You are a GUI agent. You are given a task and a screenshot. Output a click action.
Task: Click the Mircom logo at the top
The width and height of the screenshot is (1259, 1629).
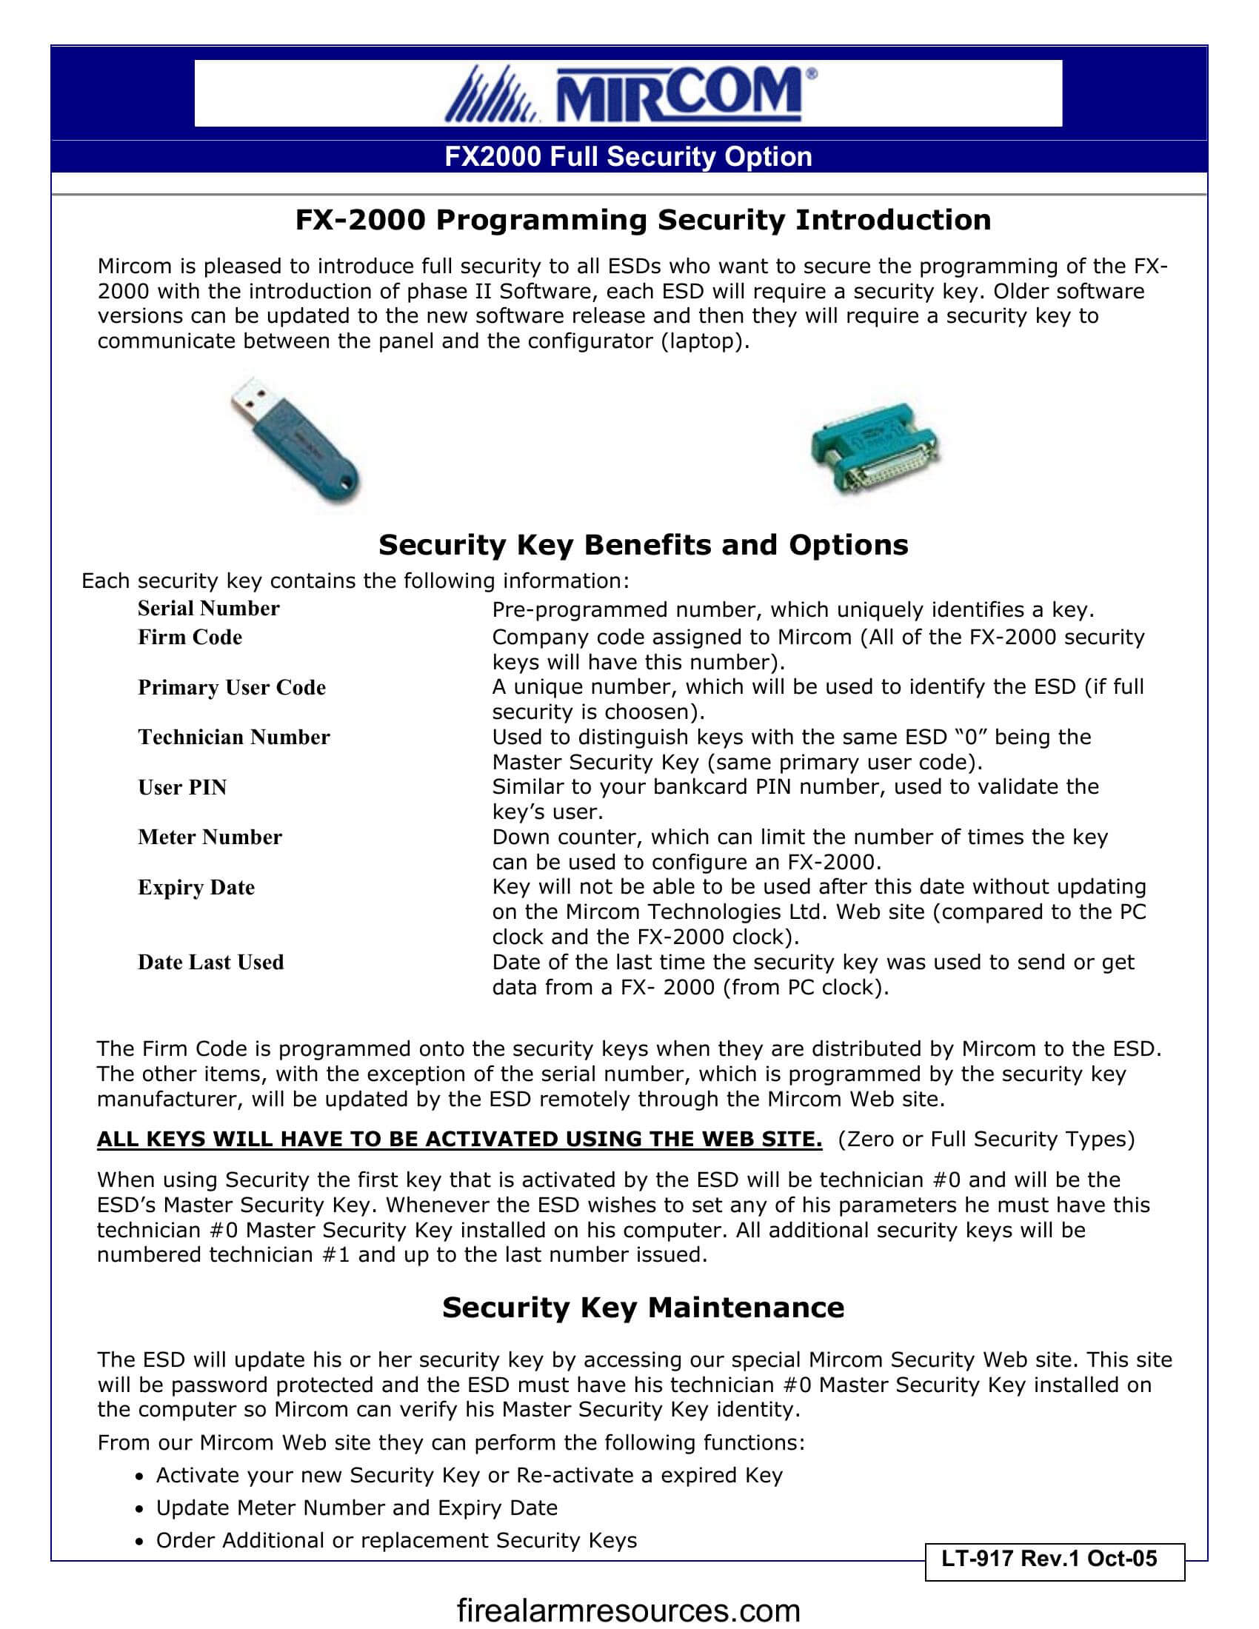point(630,94)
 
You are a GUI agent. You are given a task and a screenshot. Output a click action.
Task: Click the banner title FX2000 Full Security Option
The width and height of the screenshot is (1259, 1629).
point(628,157)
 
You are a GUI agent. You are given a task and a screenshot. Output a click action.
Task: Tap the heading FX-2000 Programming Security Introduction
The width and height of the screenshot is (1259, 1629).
point(643,220)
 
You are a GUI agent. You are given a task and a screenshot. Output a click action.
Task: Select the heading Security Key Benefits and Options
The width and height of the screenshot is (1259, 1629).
point(643,545)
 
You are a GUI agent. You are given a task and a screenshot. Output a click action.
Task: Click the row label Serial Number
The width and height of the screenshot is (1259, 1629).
point(208,609)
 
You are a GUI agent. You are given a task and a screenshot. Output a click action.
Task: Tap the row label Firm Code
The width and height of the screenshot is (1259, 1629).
point(190,638)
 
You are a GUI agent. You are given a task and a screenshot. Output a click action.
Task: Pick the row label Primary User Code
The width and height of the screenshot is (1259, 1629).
point(231,688)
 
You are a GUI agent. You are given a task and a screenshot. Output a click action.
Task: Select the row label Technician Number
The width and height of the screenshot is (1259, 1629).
point(233,737)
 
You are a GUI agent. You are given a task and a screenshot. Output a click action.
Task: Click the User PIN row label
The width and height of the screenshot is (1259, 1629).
point(182,788)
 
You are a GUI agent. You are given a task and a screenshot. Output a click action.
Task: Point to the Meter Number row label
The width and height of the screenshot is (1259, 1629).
point(210,837)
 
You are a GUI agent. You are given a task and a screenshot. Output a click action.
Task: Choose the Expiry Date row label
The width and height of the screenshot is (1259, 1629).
point(196,888)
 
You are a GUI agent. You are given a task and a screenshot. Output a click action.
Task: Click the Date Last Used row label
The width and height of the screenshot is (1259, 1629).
point(210,962)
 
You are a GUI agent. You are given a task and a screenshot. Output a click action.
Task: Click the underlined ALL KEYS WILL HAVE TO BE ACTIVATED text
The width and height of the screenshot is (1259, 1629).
point(459,1140)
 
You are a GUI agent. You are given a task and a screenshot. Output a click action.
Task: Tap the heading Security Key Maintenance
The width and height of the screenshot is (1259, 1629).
point(643,1308)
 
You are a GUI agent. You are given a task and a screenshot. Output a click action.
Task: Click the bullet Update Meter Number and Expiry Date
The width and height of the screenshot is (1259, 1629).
point(356,1508)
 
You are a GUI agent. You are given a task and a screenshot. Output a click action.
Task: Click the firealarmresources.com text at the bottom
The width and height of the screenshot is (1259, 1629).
point(628,1610)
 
